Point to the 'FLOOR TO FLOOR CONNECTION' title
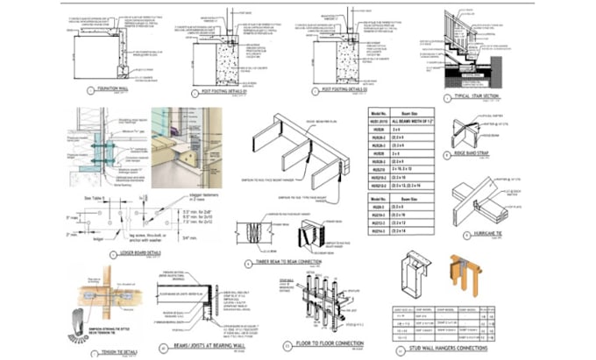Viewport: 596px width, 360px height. (x=337, y=345)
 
